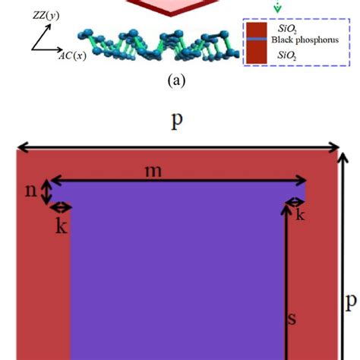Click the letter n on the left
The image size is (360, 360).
[x=30, y=191]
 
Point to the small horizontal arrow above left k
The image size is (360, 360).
[x=60, y=207]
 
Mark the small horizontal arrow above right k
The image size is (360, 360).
[x=295, y=202]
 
